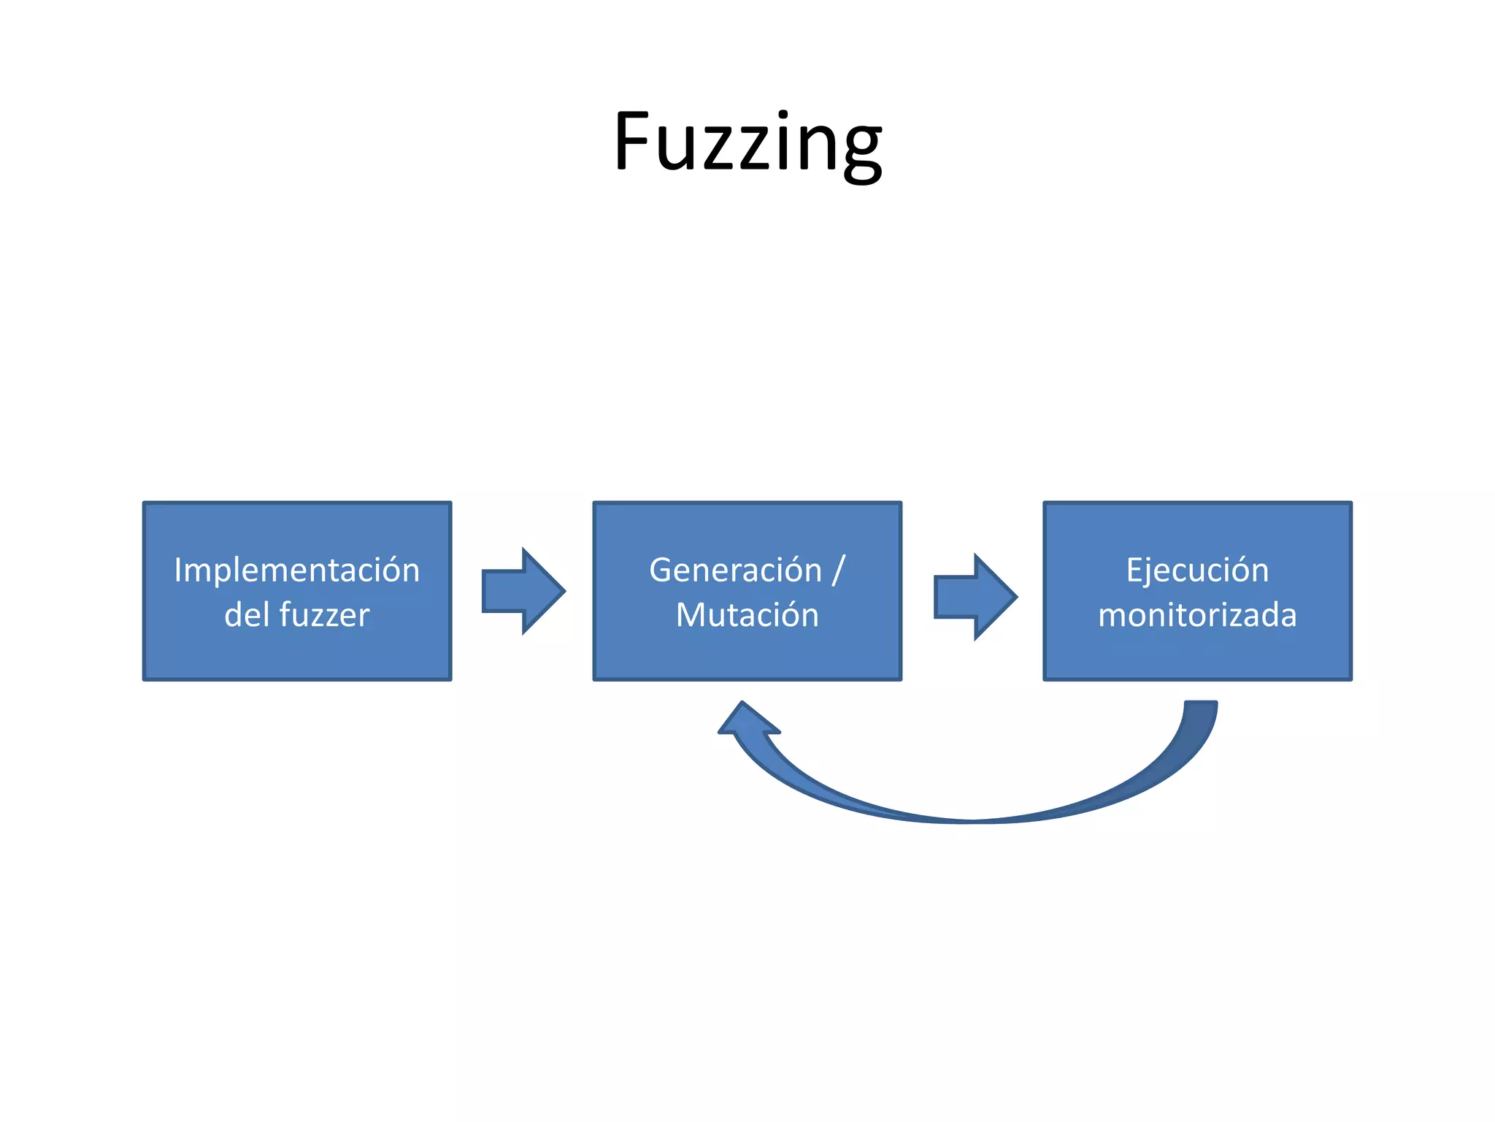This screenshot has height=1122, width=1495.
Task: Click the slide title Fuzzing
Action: click(747, 142)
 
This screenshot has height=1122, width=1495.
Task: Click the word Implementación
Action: click(296, 570)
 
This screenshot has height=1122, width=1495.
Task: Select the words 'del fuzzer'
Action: click(296, 614)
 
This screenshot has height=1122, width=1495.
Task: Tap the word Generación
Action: click(735, 570)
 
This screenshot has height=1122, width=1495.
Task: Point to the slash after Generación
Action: click(838, 570)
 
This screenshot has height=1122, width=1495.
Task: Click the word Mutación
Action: click(747, 614)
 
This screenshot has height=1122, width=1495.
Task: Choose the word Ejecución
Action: click(1197, 570)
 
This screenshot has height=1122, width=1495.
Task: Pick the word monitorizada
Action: click(1197, 614)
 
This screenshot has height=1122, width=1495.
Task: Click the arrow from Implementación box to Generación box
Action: click(523, 591)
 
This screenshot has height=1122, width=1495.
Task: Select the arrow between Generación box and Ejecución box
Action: click(975, 597)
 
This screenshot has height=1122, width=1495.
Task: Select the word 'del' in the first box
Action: click(246, 614)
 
